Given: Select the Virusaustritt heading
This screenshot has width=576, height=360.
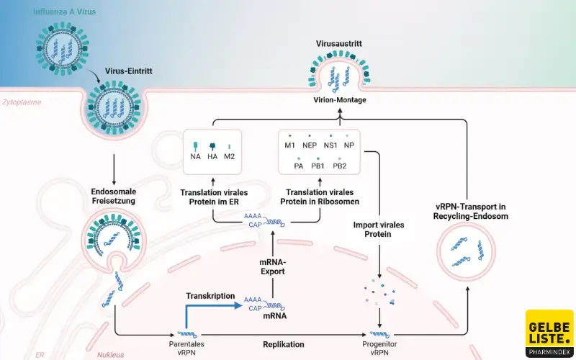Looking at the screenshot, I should [338, 44].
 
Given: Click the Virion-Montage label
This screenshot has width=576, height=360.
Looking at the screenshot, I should [338, 100].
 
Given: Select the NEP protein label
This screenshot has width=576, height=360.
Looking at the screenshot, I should [310, 145].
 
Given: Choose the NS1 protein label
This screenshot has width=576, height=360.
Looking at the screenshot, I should [330, 145].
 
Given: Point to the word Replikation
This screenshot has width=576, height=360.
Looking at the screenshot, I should [282, 345].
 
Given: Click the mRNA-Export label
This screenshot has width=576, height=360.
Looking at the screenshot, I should [273, 267].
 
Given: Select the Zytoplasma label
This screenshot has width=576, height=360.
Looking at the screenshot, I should [22, 102].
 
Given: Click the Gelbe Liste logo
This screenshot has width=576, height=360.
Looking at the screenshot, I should [549, 333].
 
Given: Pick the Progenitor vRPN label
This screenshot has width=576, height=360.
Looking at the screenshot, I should [380, 349].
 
